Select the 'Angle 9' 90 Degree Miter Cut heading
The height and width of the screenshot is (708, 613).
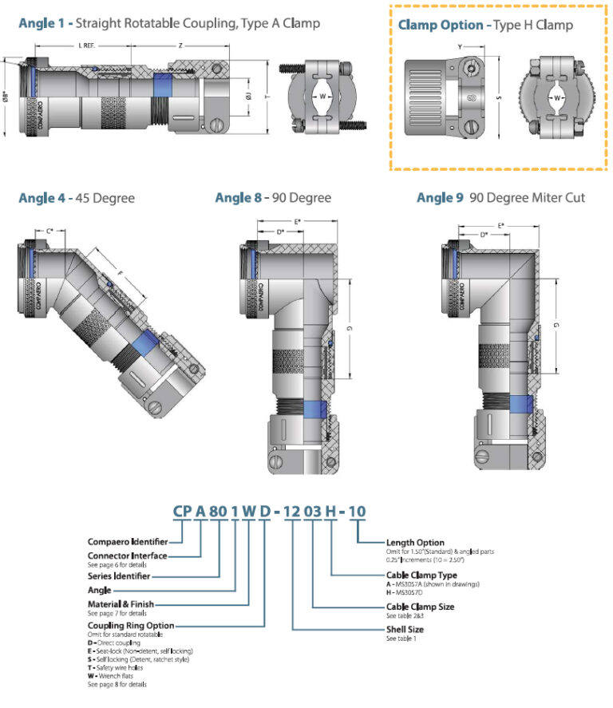coord(500,198)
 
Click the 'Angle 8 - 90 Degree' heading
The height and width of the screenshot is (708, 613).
coord(273,198)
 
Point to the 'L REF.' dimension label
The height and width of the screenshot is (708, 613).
coord(89,45)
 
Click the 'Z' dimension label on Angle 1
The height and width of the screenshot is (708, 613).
coord(180,45)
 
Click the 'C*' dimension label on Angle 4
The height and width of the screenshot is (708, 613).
coord(49,231)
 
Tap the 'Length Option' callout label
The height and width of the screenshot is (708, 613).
coord(415,543)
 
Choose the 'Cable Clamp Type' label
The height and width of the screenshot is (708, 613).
coord(421,575)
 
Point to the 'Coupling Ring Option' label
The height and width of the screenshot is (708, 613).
coord(129,626)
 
